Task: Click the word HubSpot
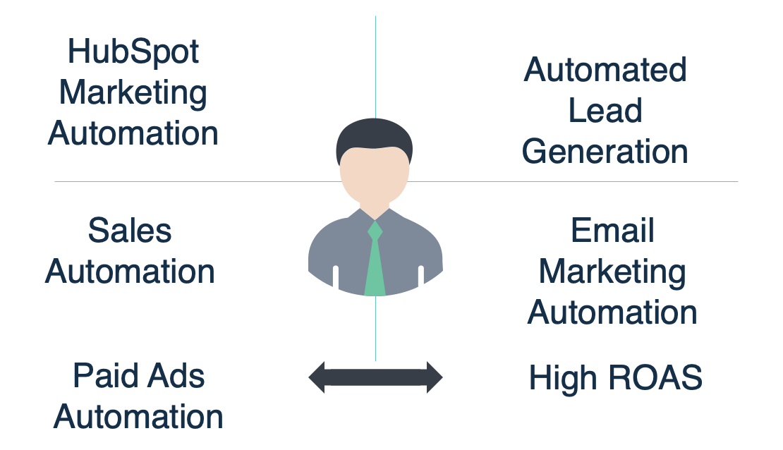tap(133, 52)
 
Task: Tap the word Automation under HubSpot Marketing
tap(133, 133)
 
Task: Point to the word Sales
tap(130, 231)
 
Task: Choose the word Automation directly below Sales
tap(130, 272)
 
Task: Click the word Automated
tap(605, 70)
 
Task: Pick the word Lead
tap(605, 111)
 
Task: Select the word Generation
tap(605, 152)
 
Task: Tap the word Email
tap(612, 231)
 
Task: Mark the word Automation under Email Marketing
tap(612, 312)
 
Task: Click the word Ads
tap(171, 376)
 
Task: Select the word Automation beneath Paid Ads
tap(138, 417)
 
